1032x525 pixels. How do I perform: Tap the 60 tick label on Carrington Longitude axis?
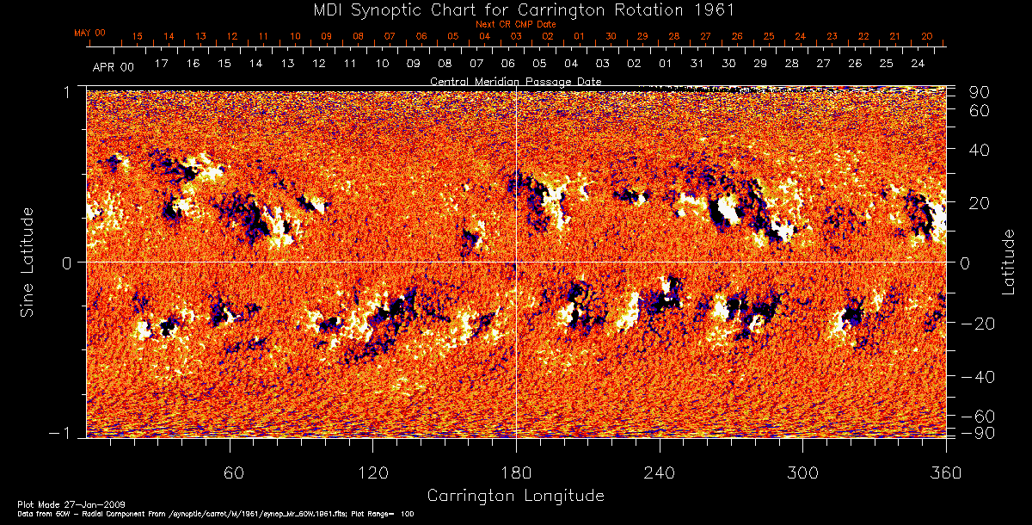pyautogui.click(x=230, y=473)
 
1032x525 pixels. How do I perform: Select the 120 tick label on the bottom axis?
pyautogui.click(x=373, y=473)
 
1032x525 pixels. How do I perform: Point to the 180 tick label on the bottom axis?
pyautogui.click(x=516, y=473)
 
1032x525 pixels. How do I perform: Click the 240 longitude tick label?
pyautogui.click(x=660, y=473)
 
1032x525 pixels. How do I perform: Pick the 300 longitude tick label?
pyautogui.click(x=802, y=473)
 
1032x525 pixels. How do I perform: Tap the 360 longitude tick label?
pyautogui.click(x=945, y=473)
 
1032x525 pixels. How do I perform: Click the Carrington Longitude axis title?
pyautogui.click(x=515, y=496)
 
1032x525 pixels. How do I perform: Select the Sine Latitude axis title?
pyautogui.click(x=29, y=261)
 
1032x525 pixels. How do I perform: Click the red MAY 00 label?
pyautogui.click(x=89, y=33)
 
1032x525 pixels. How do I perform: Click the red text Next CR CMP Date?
pyautogui.click(x=515, y=24)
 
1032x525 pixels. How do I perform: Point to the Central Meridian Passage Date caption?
pyautogui.click(x=515, y=81)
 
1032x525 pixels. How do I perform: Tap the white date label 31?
pyautogui.click(x=696, y=64)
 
